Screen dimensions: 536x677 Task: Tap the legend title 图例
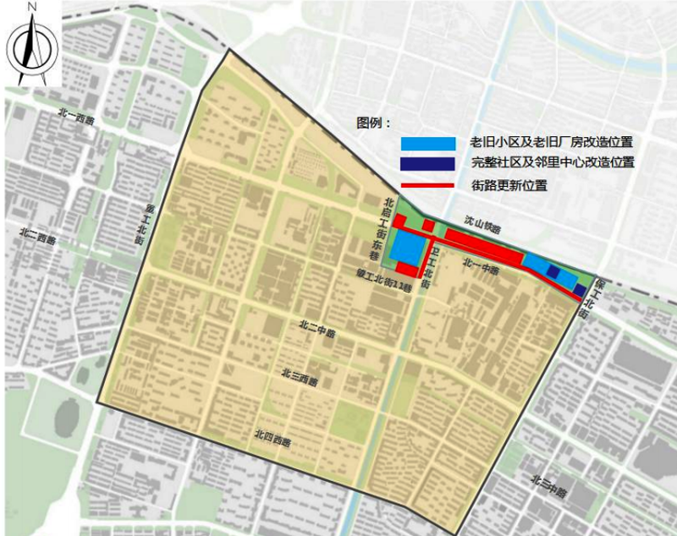371,123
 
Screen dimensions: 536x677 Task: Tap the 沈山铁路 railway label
482,223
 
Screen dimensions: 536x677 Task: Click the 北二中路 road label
317,329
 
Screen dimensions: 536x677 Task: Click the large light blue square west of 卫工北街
408,249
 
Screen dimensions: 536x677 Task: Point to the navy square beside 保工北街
579,290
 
